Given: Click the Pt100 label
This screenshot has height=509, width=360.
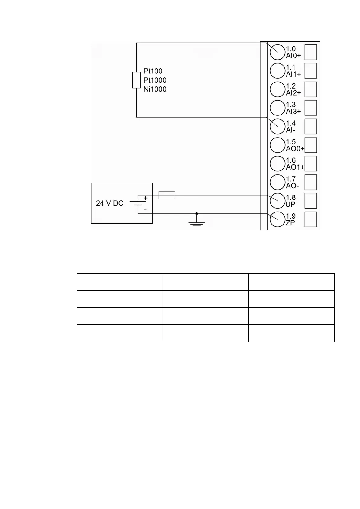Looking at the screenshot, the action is click(153, 71).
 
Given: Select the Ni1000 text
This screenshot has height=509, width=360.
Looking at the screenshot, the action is click(155, 89).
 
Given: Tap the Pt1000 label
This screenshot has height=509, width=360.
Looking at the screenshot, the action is click(155, 80).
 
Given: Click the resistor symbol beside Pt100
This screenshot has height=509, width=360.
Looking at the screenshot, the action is click(136, 80).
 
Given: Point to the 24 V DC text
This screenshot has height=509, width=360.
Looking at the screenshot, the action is click(110, 203).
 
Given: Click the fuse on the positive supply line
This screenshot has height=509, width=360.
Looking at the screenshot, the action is click(167, 195).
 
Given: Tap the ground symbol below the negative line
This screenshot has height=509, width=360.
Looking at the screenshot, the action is click(196, 223).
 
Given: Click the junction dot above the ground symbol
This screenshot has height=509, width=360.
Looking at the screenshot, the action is click(196, 213).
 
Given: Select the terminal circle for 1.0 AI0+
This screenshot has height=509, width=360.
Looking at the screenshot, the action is click(277, 52).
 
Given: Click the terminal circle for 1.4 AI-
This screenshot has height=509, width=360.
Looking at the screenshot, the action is click(277, 127).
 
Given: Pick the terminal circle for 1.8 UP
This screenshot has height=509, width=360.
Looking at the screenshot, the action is click(277, 201).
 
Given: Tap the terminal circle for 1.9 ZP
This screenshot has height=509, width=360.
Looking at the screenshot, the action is click(277, 219).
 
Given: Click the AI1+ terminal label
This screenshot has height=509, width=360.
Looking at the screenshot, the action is click(294, 74).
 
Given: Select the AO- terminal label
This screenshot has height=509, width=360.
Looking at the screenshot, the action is click(292, 186).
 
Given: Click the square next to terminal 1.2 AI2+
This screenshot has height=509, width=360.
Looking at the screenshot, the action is click(311, 89).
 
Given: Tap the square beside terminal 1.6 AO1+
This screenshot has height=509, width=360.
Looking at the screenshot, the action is click(311, 164).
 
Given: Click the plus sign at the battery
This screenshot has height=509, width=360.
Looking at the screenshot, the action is click(146, 198).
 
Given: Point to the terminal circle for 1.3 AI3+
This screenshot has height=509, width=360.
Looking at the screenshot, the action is click(277, 108).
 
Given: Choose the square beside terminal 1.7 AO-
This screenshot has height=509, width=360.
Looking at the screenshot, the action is click(311, 182).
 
